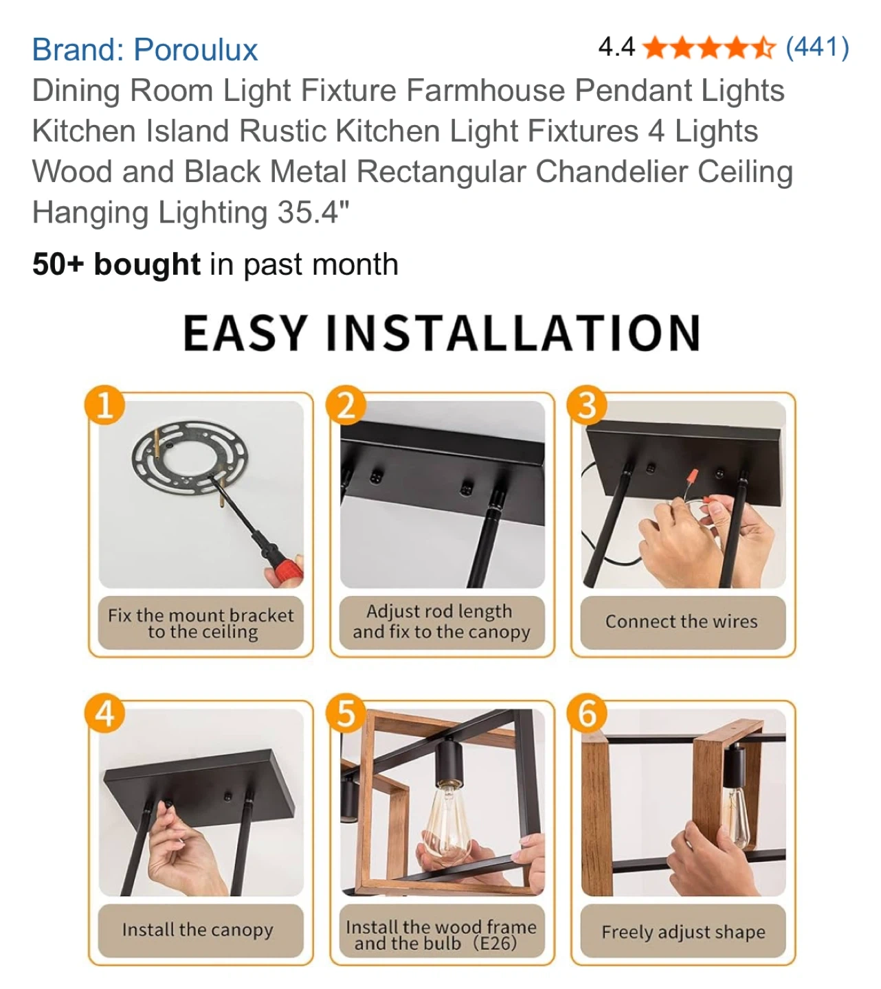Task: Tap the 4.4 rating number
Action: coord(616,47)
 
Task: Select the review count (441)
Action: coord(817,47)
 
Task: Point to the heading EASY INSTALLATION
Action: coord(442,333)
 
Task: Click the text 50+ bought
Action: coord(116,264)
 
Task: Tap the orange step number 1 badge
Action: coord(104,405)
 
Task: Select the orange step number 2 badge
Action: coord(346,405)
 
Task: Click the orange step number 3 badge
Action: coord(586,405)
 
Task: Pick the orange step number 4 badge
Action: coord(104,713)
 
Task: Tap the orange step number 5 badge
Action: coord(346,713)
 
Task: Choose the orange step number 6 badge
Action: coord(586,713)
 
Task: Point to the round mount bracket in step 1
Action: coord(190,457)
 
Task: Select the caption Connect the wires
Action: coord(681,622)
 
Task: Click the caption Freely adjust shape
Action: coord(683,932)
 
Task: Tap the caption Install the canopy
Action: coord(198,930)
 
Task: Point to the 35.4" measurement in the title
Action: coord(313,212)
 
